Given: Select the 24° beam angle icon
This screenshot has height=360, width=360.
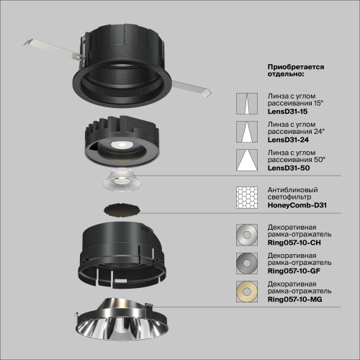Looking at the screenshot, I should tap(245, 132).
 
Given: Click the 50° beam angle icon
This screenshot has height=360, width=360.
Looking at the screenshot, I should tap(245, 160).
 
